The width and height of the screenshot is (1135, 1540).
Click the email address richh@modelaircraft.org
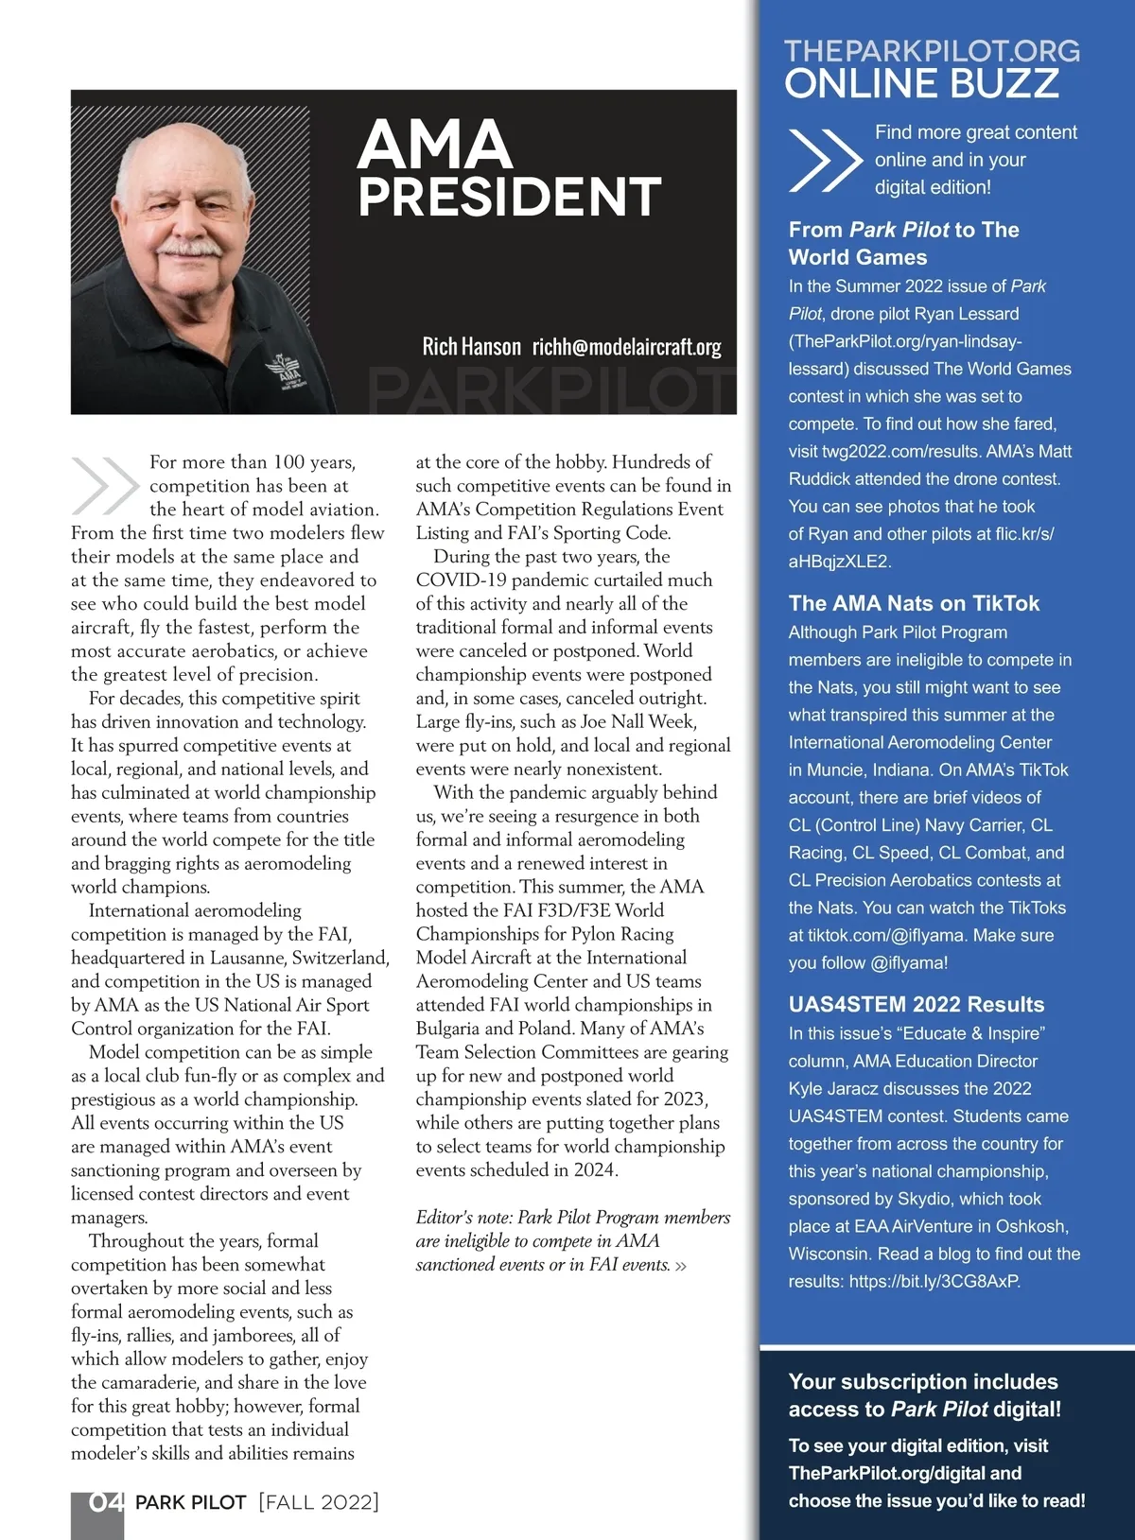(x=626, y=347)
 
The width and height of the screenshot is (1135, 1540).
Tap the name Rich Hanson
(x=471, y=347)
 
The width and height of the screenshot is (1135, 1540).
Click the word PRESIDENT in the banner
(x=509, y=197)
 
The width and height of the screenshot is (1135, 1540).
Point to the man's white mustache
(x=189, y=248)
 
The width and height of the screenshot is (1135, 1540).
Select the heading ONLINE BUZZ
(x=921, y=83)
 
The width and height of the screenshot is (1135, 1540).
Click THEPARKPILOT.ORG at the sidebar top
(x=932, y=51)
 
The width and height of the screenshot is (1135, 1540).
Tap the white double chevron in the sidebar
(x=824, y=160)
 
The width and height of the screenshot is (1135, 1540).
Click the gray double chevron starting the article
(x=104, y=486)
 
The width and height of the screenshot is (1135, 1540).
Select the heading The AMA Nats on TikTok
(x=914, y=603)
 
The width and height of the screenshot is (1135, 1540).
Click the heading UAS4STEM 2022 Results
(x=917, y=1004)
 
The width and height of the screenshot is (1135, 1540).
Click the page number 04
(x=105, y=1502)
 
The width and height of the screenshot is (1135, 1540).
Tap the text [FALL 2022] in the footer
(x=319, y=1502)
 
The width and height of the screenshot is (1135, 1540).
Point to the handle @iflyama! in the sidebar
(x=909, y=962)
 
